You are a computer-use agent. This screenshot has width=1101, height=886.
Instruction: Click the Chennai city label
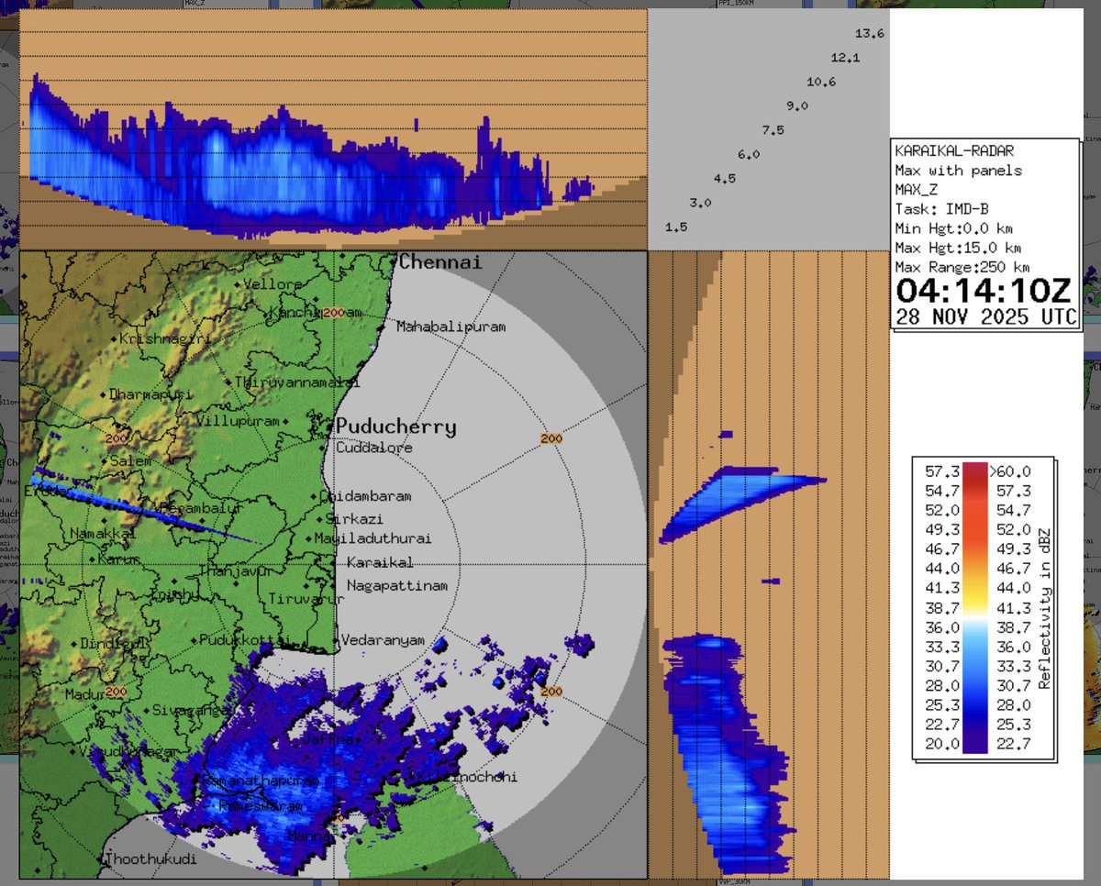click(x=440, y=262)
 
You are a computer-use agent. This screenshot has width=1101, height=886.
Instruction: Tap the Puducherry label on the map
click(x=395, y=426)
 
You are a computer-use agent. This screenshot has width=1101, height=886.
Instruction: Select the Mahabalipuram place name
click(x=450, y=327)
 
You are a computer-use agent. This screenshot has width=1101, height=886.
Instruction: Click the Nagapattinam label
click(x=396, y=585)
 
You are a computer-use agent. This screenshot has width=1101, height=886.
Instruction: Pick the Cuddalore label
click(x=373, y=448)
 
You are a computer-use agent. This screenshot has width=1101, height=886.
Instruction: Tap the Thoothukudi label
click(x=151, y=859)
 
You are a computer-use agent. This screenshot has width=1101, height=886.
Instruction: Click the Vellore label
click(x=274, y=284)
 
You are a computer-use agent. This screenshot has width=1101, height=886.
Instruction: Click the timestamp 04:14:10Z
click(x=983, y=291)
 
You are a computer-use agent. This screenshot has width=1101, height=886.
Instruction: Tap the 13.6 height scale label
click(x=869, y=34)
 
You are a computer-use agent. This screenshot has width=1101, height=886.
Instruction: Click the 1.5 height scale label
click(x=676, y=227)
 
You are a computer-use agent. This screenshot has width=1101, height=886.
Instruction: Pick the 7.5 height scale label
click(x=773, y=130)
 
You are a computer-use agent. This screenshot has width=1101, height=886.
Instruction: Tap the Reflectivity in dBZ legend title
click(x=1044, y=608)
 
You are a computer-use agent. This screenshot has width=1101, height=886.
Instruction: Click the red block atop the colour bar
click(x=974, y=471)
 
